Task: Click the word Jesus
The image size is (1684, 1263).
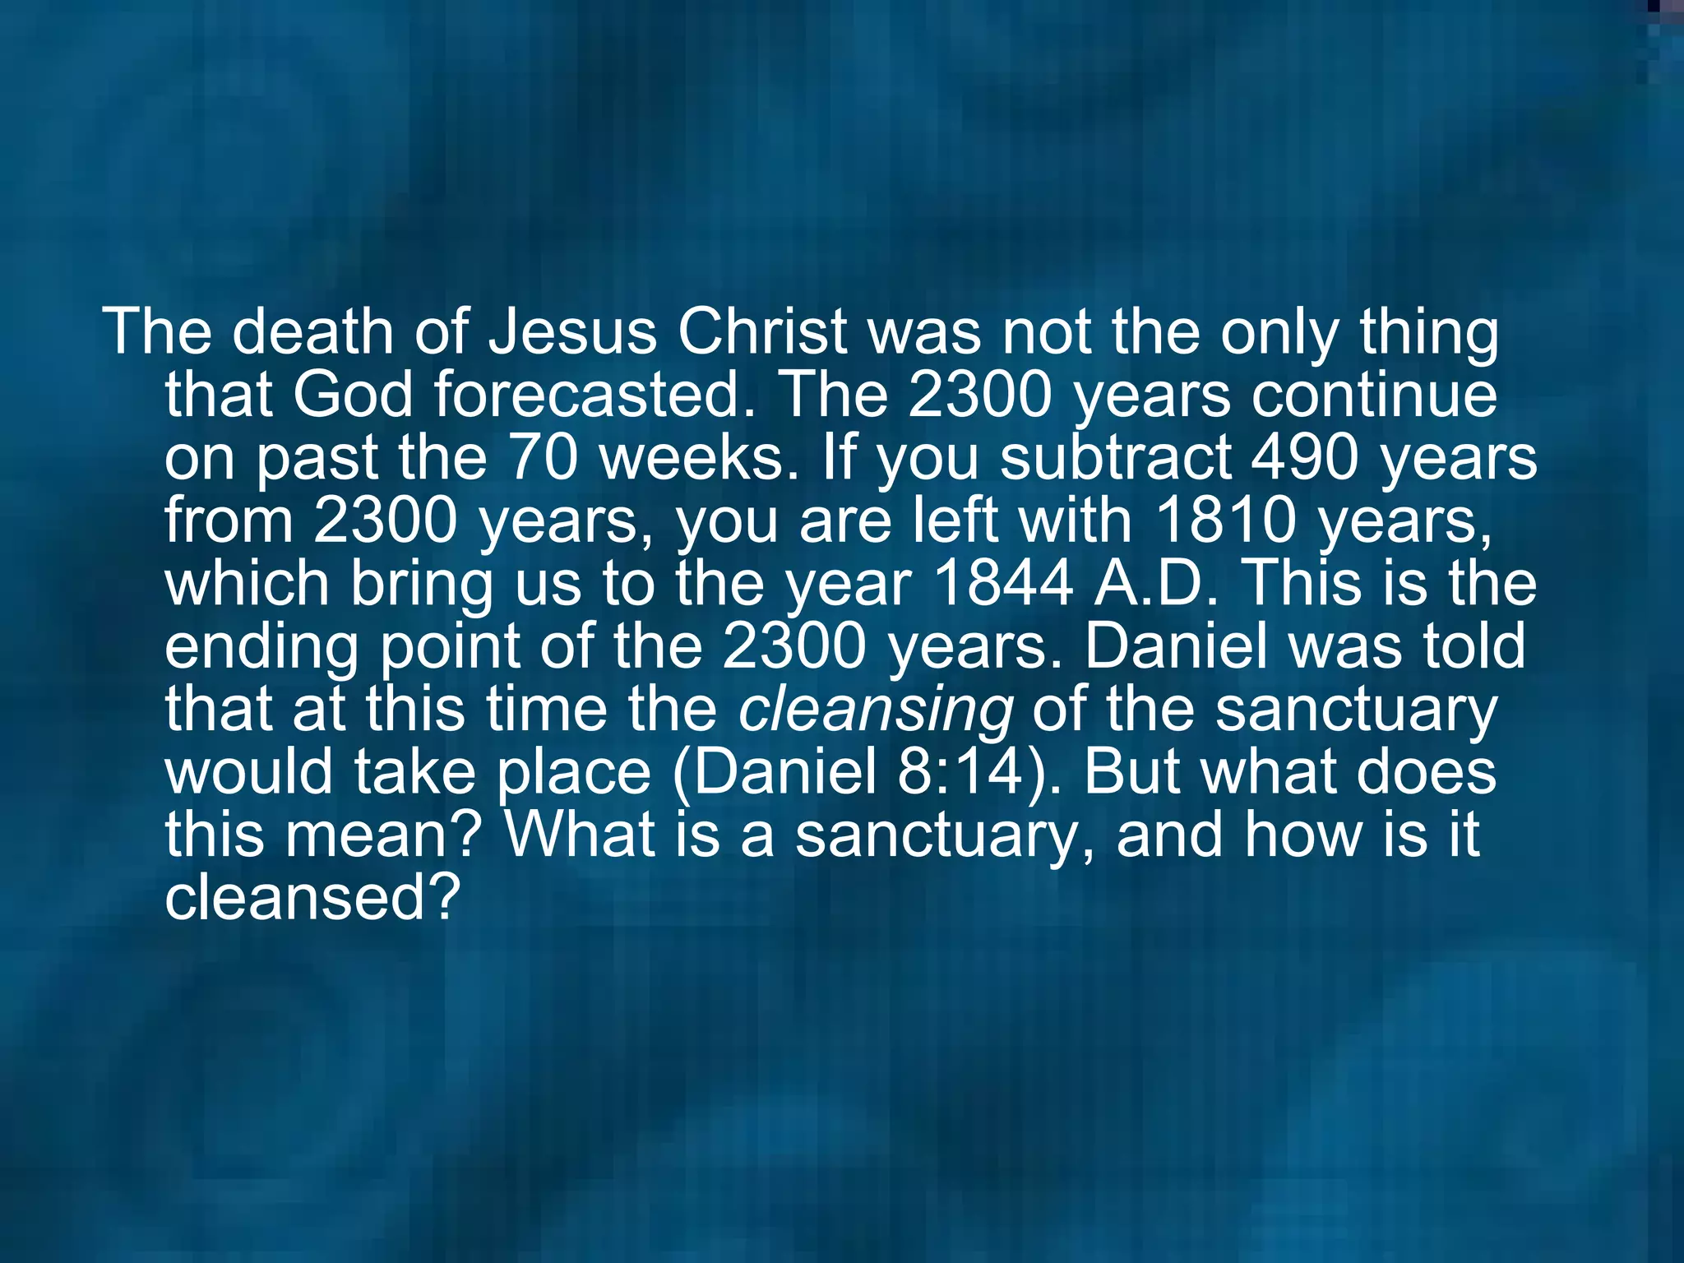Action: point(572,331)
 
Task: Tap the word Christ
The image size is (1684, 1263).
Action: point(761,331)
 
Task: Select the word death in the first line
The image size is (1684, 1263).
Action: point(312,331)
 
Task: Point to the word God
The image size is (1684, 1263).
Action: point(352,395)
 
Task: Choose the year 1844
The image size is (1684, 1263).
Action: point(1003,583)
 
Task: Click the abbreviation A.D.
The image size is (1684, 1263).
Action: point(1155,583)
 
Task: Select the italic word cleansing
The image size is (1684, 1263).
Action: point(875,710)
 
